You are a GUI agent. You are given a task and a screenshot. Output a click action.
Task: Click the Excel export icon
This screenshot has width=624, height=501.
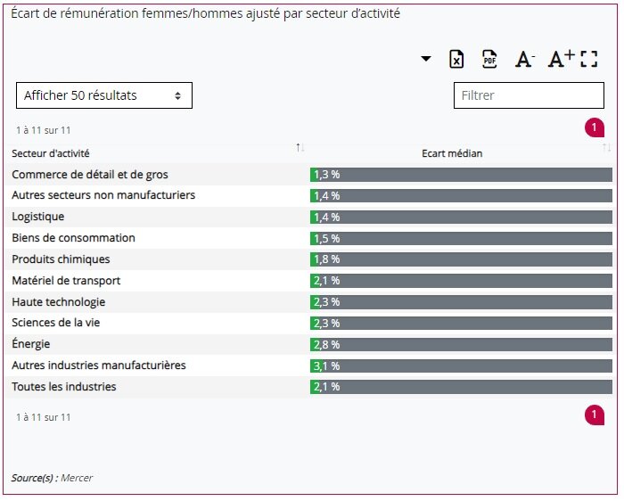pyautogui.click(x=456, y=60)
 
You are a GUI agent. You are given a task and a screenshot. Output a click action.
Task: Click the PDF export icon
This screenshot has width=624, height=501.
pyautogui.click(x=489, y=60)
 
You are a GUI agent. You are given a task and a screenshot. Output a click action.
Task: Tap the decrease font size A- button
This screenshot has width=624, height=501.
pyautogui.click(x=524, y=60)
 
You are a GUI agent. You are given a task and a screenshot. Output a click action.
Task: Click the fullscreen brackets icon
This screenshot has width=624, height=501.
pyautogui.click(x=588, y=60)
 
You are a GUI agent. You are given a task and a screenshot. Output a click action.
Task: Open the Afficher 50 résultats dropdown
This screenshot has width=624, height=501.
pyautogui.click(x=104, y=95)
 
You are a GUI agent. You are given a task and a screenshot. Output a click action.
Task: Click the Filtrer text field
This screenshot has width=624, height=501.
pyautogui.click(x=529, y=95)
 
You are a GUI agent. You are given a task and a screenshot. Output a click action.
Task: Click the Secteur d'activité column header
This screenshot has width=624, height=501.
pyautogui.click(x=51, y=153)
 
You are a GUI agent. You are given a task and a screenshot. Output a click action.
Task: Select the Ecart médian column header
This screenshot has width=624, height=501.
pyautogui.click(x=452, y=153)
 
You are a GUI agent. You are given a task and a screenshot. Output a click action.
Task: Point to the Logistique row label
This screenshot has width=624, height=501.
pyautogui.click(x=38, y=217)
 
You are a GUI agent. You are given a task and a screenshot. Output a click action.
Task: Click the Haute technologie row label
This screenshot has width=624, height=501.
pyautogui.click(x=59, y=302)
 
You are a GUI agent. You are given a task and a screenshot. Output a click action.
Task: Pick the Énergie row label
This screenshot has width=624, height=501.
pyautogui.click(x=31, y=344)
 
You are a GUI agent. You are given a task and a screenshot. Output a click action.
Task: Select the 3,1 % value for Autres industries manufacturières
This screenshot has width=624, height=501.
pyautogui.click(x=326, y=365)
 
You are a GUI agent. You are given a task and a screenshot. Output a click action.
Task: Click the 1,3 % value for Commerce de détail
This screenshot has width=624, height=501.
pyautogui.click(x=326, y=175)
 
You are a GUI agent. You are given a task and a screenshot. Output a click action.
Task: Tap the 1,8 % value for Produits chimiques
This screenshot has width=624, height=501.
pyautogui.click(x=326, y=259)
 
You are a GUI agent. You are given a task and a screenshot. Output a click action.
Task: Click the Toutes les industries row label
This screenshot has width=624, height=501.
pyautogui.click(x=64, y=387)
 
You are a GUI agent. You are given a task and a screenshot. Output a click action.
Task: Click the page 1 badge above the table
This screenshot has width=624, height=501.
pyautogui.click(x=595, y=128)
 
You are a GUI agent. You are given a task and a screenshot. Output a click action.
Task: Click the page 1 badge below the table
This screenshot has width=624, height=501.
pyautogui.click(x=595, y=415)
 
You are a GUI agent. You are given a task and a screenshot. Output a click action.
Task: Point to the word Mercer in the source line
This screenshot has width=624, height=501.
pyautogui.click(x=77, y=478)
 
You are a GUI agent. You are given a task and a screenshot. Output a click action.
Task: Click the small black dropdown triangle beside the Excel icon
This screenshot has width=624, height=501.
pyautogui.click(x=426, y=59)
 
